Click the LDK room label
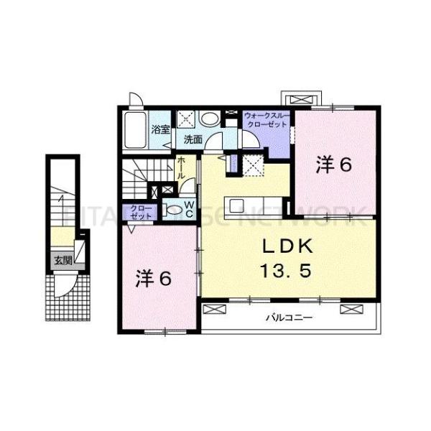(x=286, y=247)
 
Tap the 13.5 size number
(x=286, y=272)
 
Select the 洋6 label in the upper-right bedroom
(x=334, y=166)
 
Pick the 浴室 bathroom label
(x=160, y=130)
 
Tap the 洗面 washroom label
(x=191, y=139)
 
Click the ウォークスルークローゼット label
(x=267, y=119)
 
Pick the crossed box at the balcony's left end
(x=213, y=309)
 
